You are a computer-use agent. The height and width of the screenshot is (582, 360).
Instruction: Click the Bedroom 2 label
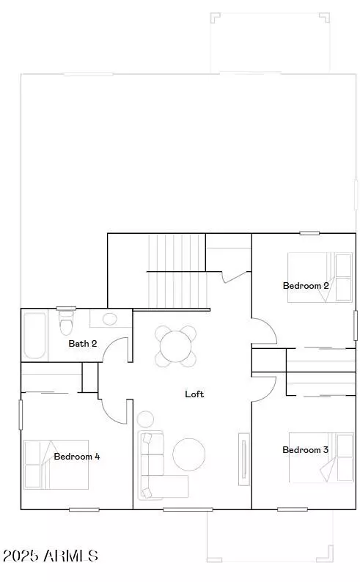click(305, 286)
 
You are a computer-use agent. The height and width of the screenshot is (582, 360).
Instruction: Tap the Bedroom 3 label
click(305, 449)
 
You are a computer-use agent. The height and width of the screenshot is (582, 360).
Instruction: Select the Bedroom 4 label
click(77, 456)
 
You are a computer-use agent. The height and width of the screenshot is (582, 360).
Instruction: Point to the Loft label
click(194, 394)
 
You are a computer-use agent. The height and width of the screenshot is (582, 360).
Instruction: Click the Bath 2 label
click(83, 343)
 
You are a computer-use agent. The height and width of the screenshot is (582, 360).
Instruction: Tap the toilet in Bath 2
click(66, 323)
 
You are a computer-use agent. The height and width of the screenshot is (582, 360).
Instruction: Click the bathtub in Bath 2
click(34, 335)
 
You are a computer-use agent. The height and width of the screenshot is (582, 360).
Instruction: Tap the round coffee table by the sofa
click(189, 454)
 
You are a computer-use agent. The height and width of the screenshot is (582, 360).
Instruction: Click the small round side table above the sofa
click(145, 419)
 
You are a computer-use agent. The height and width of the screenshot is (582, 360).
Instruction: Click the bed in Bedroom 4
click(56, 465)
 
